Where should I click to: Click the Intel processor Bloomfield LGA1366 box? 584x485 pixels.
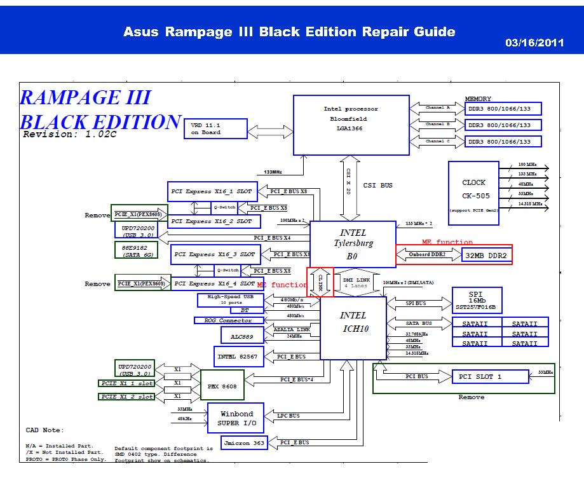click(x=351, y=125)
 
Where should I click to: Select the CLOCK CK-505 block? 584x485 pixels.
click(x=473, y=193)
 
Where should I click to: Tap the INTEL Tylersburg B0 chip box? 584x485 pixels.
click(x=353, y=243)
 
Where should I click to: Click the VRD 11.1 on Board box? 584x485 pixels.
click(x=215, y=128)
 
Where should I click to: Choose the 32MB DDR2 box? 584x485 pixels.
click(x=487, y=255)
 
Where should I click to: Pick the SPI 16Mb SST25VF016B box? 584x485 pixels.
click(x=477, y=301)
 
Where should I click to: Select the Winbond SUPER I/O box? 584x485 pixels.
click(x=236, y=418)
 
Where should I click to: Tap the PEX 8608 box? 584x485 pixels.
click(x=222, y=385)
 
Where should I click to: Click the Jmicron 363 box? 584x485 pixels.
click(x=244, y=442)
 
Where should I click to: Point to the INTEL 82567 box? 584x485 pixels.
click(x=238, y=357)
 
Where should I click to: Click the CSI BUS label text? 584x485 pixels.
click(x=377, y=186)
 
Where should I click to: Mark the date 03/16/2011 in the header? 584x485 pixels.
click(x=534, y=43)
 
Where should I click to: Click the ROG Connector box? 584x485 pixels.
click(x=228, y=320)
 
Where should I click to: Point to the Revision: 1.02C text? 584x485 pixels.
click(x=70, y=135)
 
